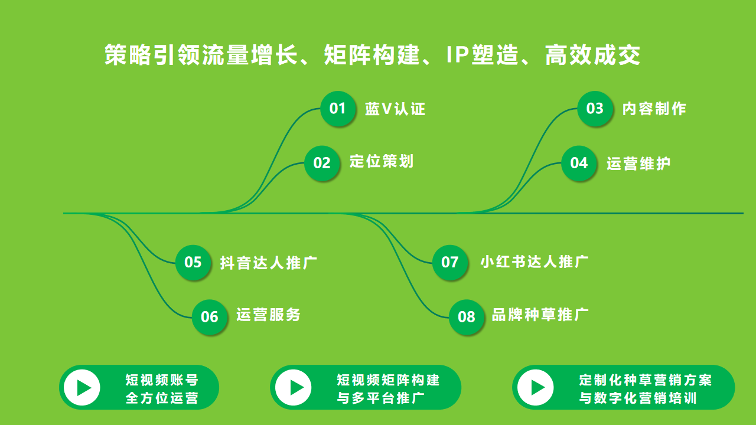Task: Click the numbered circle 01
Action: click(338, 109)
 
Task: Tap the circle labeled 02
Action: click(322, 164)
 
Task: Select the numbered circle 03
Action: click(595, 109)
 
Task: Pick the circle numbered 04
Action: click(579, 164)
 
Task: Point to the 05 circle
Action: click(193, 263)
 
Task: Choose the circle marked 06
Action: click(210, 317)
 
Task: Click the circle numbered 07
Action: click(450, 263)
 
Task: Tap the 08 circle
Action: click(467, 317)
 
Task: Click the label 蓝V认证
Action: click(395, 109)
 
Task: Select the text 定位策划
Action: click(382, 161)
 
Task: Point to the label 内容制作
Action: click(654, 109)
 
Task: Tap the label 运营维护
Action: click(638, 164)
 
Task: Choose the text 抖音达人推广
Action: click(269, 263)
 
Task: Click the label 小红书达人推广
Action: click(535, 261)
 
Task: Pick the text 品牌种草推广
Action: click(540, 315)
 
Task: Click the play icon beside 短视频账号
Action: click(82, 388)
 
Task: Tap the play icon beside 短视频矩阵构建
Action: click(294, 388)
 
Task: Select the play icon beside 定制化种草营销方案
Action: click(536, 388)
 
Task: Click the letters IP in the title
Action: click(457, 55)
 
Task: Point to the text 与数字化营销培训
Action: click(638, 398)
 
